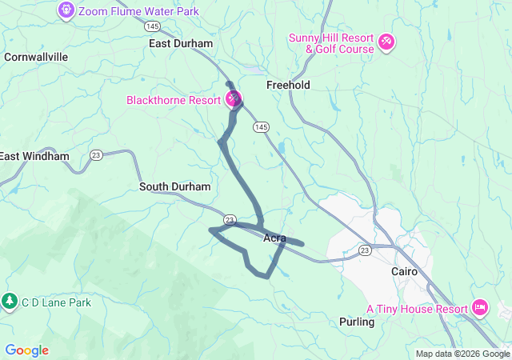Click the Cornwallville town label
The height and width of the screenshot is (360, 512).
coord(36,57)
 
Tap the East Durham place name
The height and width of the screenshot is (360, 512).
coord(181,43)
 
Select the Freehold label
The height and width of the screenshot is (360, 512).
coord(288,85)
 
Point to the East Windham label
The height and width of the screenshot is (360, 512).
coord(34,156)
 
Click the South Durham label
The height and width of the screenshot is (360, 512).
coord(175,186)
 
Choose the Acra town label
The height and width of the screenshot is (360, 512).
coord(274,238)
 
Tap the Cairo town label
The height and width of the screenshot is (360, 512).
coord(404,271)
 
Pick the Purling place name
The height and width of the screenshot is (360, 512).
coord(357,322)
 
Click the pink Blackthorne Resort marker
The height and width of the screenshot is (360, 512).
coord(234,99)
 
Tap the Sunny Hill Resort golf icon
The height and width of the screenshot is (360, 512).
coord(386,40)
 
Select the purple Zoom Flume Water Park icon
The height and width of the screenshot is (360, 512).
coord(66,10)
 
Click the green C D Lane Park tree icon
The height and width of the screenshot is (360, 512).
coord(10,302)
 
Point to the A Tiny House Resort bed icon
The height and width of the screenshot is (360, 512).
coord(480,306)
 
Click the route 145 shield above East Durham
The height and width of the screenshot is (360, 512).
coord(154,26)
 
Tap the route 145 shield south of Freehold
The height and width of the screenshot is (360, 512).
coord(261,126)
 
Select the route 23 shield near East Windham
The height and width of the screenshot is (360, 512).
coord(96,154)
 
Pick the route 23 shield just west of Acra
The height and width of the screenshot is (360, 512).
coord(230,219)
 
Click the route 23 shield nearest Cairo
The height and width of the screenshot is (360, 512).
coord(365,250)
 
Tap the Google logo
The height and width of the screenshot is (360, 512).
coord(26,350)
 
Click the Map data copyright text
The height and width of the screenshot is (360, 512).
coord(462,354)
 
